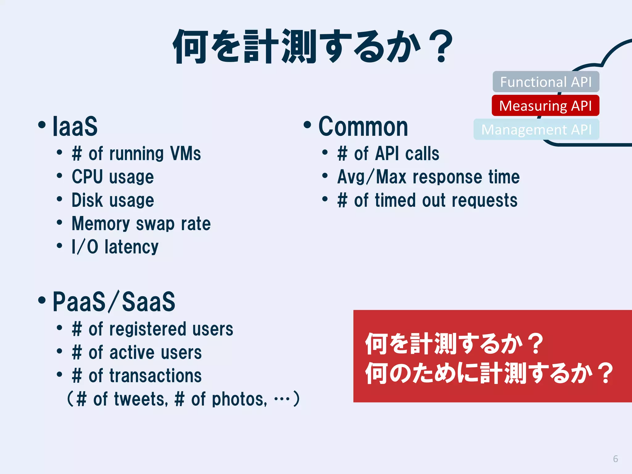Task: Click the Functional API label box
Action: point(546,82)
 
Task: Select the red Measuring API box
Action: point(545,106)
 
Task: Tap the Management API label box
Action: point(536,129)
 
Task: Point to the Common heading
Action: point(363,127)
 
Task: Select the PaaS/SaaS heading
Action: point(114,301)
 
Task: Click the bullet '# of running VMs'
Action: point(136,154)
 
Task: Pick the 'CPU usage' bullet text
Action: point(113,177)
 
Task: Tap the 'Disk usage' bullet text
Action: point(113,200)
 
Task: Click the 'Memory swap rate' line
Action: point(141,223)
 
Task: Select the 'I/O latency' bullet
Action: point(115,247)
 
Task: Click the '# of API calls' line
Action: point(388,154)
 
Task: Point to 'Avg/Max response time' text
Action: point(428,177)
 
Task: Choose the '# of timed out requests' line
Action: point(427,200)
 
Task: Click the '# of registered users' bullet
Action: point(152,329)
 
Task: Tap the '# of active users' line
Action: point(137,352)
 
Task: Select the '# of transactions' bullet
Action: point(137,376)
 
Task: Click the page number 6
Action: point(615,459)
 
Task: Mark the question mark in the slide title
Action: point(442,46)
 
